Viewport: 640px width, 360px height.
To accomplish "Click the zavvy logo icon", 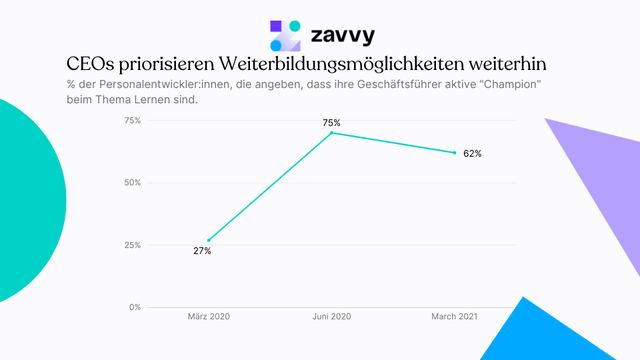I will click(x=285, y=35).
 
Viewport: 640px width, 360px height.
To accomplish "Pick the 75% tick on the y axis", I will click(x=133, y=121).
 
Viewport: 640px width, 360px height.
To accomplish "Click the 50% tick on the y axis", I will click(x=133, y=183).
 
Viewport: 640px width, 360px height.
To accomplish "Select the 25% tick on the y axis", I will click(x=133, y=245).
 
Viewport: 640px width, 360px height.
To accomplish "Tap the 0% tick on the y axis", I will click(x=135, y=307).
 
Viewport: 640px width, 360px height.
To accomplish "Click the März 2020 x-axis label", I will click(x=209, y=317).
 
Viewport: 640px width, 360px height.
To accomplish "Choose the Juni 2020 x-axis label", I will click(x=331, y=317).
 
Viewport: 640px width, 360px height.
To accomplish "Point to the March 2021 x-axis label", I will click(x=454, y=317).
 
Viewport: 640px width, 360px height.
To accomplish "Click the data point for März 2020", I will click(x=209, y=240).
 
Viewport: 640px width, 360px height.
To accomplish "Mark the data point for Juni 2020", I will click(x=331, y=133).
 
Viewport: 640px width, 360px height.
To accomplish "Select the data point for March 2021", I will click(x=454, y=153).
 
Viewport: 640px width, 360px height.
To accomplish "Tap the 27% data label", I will click(x=202, y=251).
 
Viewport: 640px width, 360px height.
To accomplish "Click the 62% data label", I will click(x=472, y=153).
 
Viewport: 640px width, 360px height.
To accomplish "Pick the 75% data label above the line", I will click(x=331, y=123).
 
